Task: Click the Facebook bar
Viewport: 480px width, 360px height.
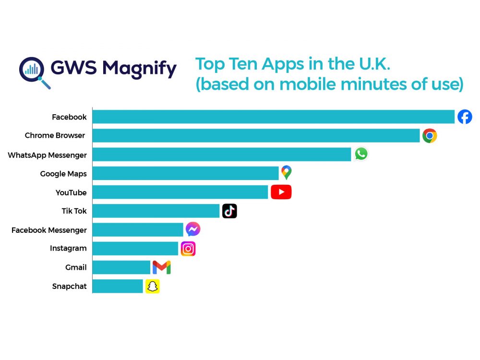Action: tap(273, 117)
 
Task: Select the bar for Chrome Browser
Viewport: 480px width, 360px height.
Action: tap(256, 135)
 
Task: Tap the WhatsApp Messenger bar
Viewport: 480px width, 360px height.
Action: tap(222, 154)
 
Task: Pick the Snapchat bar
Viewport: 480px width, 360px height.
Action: tap(118, 286)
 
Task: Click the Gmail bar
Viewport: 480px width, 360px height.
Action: tap(121, 267)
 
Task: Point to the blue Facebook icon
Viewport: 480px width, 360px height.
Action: tap(465, 117)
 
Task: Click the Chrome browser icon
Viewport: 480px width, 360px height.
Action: tap(430, 136)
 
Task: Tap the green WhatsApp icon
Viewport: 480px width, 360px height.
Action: tap(361, 154)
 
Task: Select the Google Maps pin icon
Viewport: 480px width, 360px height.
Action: tap(287, 172)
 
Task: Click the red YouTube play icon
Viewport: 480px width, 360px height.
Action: tap(281, 192)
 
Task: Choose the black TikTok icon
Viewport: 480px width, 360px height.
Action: tap(229, 211)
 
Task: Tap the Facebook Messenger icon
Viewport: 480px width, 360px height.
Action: tap(193, 229)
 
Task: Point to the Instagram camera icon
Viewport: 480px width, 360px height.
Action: tap(188, 249)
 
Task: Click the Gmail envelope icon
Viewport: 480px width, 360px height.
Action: tap(161, 267)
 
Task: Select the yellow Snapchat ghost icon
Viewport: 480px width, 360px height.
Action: tap(153, 287)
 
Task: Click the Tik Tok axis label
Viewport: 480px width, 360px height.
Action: tap(74, 211)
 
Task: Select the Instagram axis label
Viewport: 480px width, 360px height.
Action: tap(68, 248)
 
